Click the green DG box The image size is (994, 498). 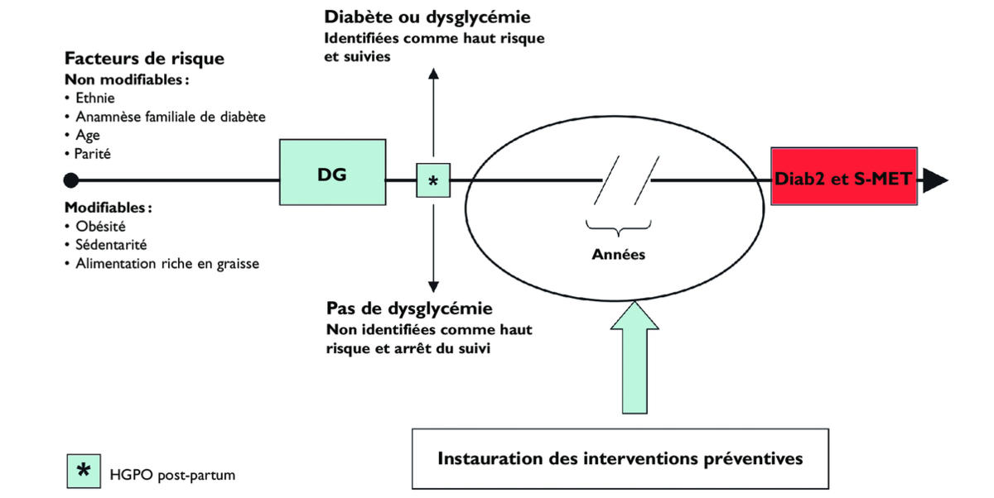pyautogui.click(x=332, y=173)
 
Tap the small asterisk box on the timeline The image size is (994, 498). pyautogui.click(x=432, y=180)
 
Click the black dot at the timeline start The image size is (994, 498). pyautogui.click(x=71, y=180)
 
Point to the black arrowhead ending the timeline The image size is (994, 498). pyautogui.click(x=935, y=180)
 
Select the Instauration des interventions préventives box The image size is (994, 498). pyautogui.click(x=620, y=457)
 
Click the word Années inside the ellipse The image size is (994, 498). pyautogui.click(x=618, y=254)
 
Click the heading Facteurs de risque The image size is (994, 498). pyautogui.click(x=144, y=60)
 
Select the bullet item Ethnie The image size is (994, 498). pyautogui.click(x=94, y=98)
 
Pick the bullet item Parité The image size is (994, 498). pyautogui.click(x=93, y=153)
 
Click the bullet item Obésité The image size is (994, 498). pyautogui.click(x=99, y=225)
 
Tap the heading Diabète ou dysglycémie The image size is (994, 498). pyautogui.click(x=427, y=17)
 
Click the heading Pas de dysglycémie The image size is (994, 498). pyautogui.click(x=409, y=309)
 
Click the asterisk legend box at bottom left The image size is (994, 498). pyautogui.click(x=83, y=472)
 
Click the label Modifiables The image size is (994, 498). pyautogui.click(x=108, y=207)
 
